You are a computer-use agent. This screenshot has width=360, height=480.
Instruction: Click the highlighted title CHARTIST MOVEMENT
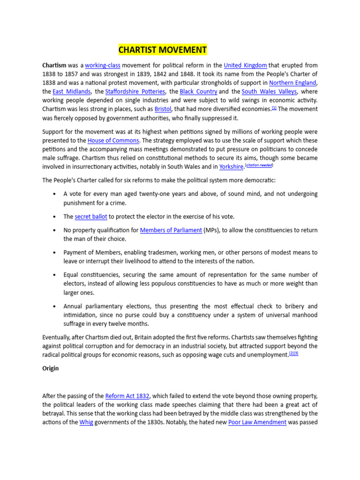[162, 50]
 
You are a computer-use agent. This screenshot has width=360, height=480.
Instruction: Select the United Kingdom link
[245, 66]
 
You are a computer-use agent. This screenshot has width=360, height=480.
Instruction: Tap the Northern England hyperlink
[292, 83]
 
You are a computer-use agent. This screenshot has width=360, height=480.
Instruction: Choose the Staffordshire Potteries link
[135, 92]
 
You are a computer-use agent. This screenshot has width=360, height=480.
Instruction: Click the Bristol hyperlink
[163, 109]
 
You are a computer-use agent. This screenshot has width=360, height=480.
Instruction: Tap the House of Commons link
[113, 141]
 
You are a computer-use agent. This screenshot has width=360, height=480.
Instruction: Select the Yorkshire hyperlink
[232, 167]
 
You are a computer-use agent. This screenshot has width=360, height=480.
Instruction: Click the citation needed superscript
[259, 165]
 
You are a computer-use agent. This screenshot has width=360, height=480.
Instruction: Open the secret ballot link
[91, 217]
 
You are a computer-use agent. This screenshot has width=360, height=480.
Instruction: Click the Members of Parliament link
[171, 230]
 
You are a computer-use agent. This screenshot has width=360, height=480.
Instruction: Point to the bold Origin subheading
[51, 368]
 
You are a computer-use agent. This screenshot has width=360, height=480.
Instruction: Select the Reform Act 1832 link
[124, 396]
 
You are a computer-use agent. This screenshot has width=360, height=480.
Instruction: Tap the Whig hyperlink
[86, 422]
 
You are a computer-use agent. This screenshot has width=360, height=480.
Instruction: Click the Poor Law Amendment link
[257, 422]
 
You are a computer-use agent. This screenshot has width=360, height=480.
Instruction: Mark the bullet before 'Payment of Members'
[55, 253]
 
